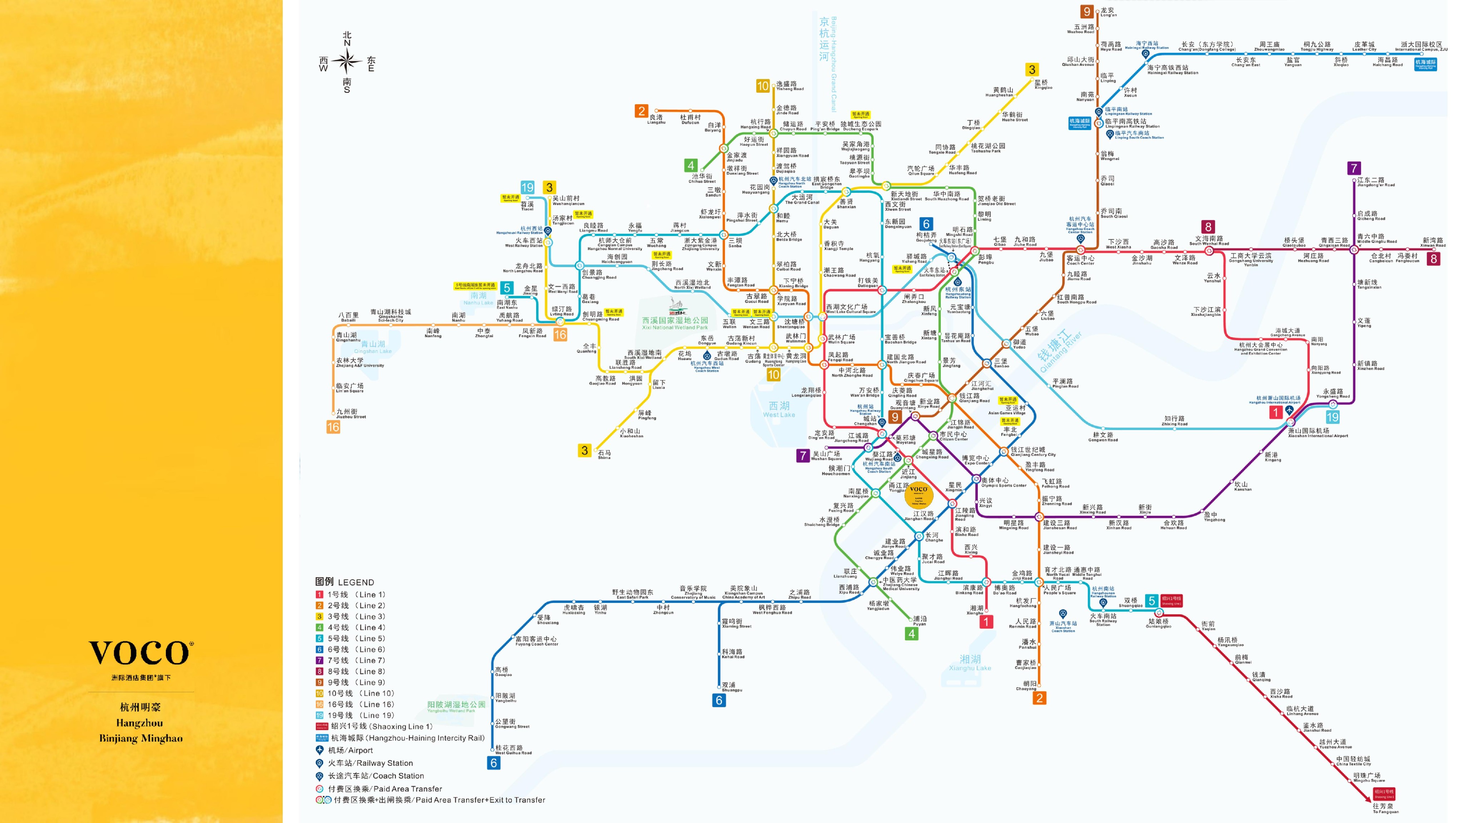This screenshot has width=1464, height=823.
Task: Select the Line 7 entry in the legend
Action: click(350, 660)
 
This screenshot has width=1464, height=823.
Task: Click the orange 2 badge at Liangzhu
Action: click(642, 111)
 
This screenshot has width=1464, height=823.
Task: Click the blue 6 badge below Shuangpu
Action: click(719, 700)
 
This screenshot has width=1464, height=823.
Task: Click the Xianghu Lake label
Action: click(970, 662)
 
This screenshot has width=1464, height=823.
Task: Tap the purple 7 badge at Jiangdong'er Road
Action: click(1354, 168)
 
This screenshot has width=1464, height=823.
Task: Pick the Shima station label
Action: click(604, 454)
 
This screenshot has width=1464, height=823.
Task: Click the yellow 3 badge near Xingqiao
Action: click(1032, 70)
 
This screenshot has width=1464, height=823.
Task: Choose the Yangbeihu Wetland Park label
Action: click(456, 706)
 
